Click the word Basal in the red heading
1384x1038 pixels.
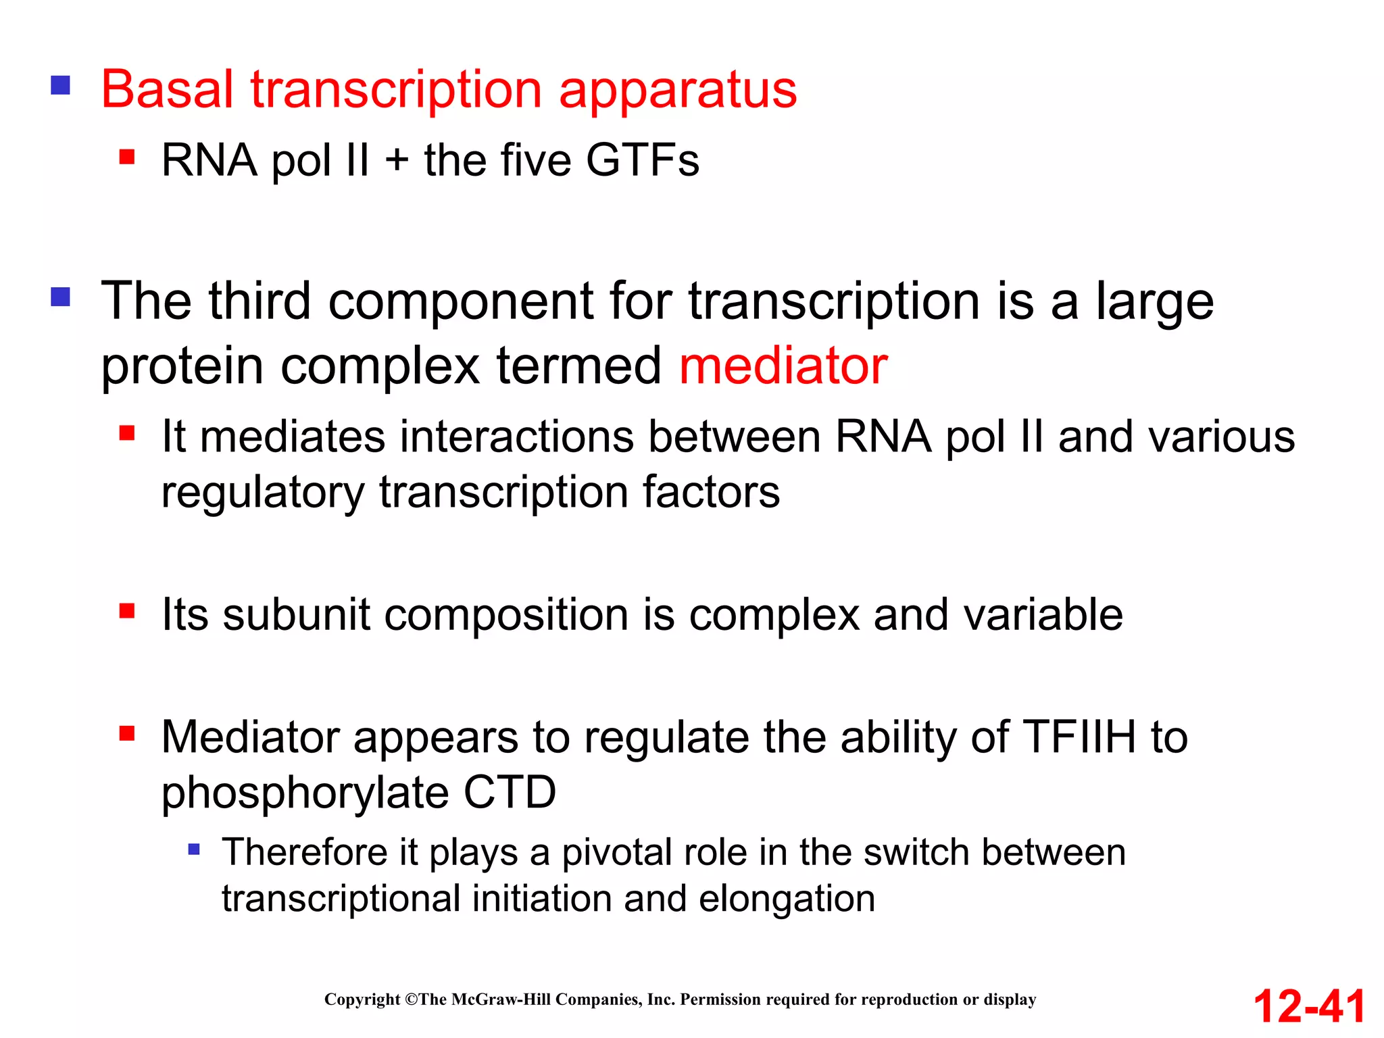click(167, 89)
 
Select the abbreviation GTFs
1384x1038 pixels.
click(642, 161)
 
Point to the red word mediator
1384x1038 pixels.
click(783, 366)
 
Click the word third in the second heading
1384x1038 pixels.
click(259, 301)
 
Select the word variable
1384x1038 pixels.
click(1043, 615)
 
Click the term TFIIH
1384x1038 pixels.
click(1079, 737)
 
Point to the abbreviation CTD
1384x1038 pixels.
click(510, 792)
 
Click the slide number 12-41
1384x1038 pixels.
click(1309, 1006)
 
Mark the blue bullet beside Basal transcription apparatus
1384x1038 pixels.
click(61, 85)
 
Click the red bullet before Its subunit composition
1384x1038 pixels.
click(127, 611)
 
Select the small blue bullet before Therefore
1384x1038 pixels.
click(194, 849)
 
